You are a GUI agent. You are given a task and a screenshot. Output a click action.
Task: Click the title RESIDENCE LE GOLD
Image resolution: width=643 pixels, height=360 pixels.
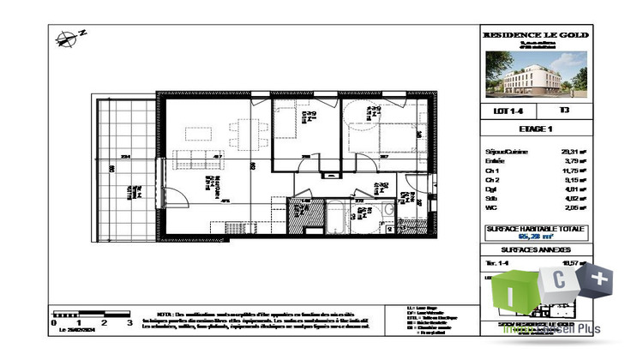tap(536, 35)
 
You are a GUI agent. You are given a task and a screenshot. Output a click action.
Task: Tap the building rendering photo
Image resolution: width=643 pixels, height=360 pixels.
tap(536, 75)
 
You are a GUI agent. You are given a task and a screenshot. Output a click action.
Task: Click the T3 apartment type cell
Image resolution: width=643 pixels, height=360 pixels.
tap(563, 110)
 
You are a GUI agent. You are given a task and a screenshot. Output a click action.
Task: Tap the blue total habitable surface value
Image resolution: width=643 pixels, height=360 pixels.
tap(536, 237)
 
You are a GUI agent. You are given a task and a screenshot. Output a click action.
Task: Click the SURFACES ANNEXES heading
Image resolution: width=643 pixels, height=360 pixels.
tap(536, 251)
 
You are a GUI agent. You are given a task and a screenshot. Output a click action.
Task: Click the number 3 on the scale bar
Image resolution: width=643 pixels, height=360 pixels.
tap(129, 324)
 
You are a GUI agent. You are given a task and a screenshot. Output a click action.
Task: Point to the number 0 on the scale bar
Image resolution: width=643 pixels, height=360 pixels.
tap(54, 324)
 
